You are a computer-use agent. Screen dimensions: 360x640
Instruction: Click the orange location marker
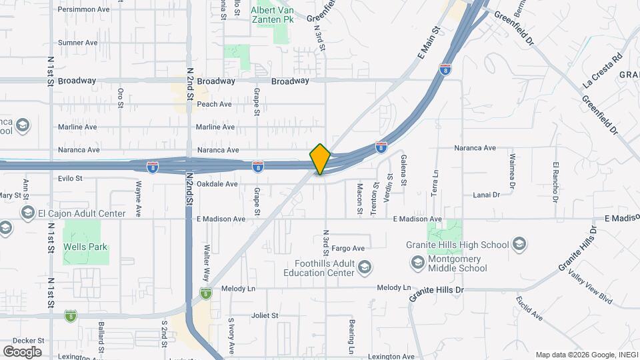pos(320,159)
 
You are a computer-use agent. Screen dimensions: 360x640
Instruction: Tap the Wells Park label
pos(85,247)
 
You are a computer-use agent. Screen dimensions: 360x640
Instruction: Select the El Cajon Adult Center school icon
pos(28,213)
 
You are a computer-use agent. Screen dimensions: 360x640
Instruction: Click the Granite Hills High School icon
pos(519,245)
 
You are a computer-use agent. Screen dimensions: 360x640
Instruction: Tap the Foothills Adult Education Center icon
pos(364,268)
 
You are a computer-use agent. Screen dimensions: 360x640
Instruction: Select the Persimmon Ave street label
pos(83,9)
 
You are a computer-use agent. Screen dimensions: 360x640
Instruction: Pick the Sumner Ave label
pos(77,43)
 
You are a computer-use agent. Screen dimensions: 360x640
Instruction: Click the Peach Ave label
pos(214,104)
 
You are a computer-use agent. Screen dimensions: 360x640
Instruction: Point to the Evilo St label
pos(69,179)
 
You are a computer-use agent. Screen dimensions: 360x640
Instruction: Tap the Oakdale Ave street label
pos(217,184)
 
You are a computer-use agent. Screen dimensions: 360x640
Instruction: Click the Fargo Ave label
pos(347,248)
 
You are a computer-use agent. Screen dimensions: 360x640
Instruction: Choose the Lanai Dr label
pos(486,195)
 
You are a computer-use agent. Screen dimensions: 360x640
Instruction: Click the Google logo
pos(22,351)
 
